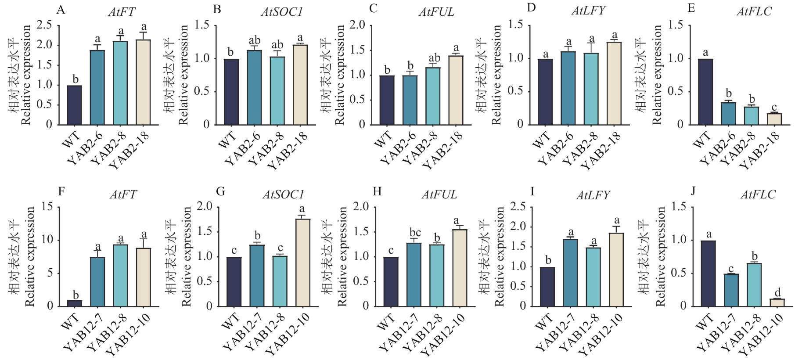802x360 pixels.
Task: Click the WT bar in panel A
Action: [x=75, y=105]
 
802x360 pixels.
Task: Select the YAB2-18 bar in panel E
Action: [x=774, y=119]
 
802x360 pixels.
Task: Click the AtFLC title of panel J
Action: [x=758, y=194]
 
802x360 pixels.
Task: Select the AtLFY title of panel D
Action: [x=588, y=11]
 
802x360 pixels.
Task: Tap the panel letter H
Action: [x=377, y=192]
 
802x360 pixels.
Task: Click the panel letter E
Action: [x=691, y=9]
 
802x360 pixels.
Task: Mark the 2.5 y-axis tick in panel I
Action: [x=518, y=207]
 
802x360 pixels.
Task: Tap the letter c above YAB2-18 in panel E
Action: [x=774, y=107]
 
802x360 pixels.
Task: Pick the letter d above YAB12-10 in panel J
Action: [x=777, y=292]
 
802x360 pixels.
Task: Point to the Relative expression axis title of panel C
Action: [x=340, y=75]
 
